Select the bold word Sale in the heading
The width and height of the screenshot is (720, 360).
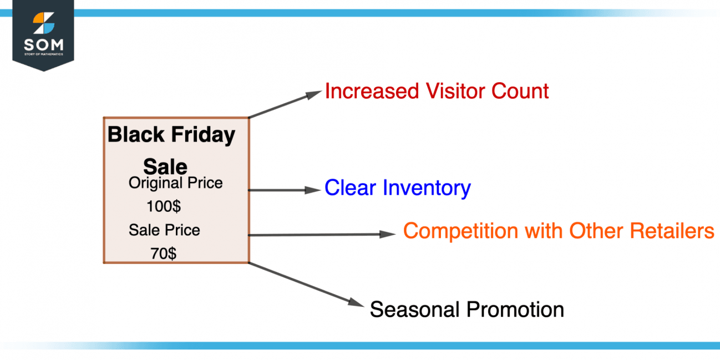point(165,166)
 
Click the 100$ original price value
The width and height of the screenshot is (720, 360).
point(164,206)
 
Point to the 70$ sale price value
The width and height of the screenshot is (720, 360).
point(164,253)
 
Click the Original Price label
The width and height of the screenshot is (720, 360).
point(175,183)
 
